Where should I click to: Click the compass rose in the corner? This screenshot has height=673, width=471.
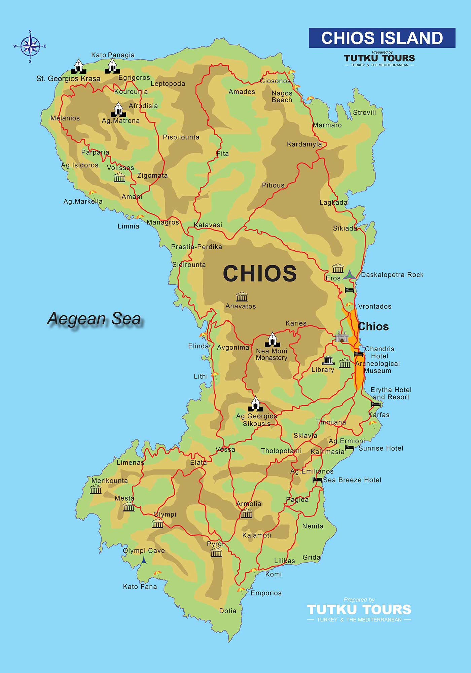click(x=30, y=46)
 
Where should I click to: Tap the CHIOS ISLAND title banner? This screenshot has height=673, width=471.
click(x=382, y=38)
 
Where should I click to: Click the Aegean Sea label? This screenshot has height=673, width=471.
click(x=94, y=319)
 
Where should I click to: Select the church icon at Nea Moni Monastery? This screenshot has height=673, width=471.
click(x=272, y=340)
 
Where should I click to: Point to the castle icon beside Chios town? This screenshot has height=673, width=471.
click(x=341, y=336)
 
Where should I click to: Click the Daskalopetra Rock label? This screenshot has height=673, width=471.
click(x=392, y=275)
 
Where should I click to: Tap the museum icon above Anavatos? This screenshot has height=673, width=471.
click(x=242, y=297)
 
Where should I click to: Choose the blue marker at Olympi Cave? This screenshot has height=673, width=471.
click(x=144, y=560)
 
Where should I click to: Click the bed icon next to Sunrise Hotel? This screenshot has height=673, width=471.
click(x=349, y=448)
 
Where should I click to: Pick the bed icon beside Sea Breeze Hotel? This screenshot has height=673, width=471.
click(x=317, y=480)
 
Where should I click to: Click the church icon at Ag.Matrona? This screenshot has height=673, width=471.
click(x=118, y=109)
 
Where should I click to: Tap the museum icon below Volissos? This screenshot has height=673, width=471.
click(x=119, y=177)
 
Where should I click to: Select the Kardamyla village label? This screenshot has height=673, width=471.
click(x=304, y=144)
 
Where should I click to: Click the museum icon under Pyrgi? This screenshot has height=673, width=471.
click(x=216, y=553)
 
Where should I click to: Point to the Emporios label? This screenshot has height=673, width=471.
click(x=266, y=593)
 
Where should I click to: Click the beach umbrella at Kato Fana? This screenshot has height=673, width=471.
click(x=157, y=573)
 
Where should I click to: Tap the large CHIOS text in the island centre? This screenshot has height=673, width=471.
click(x=260, y=273)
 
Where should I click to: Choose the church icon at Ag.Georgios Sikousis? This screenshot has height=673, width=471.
click(x=255, y=404)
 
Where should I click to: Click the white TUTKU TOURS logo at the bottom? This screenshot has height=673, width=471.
click(x=359, y=610)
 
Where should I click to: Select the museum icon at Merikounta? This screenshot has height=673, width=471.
click(x=96, y=489)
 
